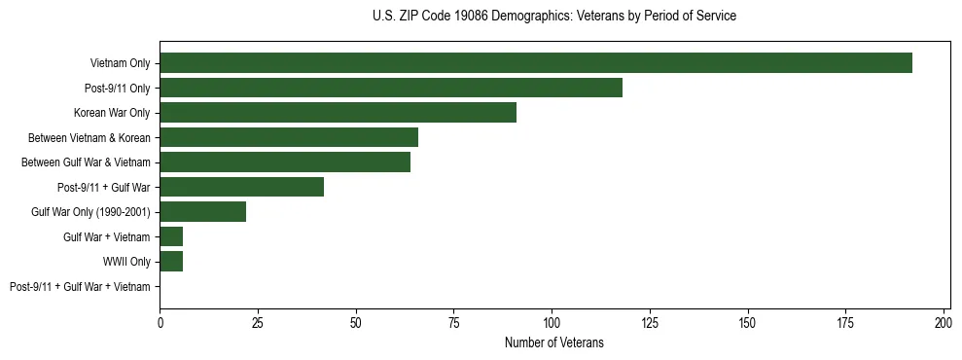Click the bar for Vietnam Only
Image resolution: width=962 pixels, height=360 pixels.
[x=536, y=63]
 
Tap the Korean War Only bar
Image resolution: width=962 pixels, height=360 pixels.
[x=338, y=113]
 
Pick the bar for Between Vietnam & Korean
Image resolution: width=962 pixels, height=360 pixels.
[x=289, y=137]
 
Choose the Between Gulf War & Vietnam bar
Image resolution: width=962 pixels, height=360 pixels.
[x=285, y=162]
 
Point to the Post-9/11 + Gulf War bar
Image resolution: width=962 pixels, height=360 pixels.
[x=241, y=187]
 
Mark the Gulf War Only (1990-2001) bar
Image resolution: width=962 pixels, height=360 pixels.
[x=202, y=212]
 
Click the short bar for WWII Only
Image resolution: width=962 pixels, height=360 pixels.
[x=171, y=262]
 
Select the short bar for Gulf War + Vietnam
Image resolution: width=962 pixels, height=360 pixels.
[x=171, y=236]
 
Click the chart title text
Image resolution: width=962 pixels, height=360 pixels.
[x=554, y=17]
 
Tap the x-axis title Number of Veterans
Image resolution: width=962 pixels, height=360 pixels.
[x=554, y=342]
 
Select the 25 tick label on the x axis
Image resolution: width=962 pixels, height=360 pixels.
[x=258, y=322]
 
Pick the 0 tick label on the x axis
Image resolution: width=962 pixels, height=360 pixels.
[x=160, y=322]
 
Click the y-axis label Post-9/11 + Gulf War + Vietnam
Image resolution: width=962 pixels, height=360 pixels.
[x=80, y=287]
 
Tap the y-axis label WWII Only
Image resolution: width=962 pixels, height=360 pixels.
[x=126, y=262]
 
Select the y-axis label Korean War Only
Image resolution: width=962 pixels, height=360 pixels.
[x=112, y=113]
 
